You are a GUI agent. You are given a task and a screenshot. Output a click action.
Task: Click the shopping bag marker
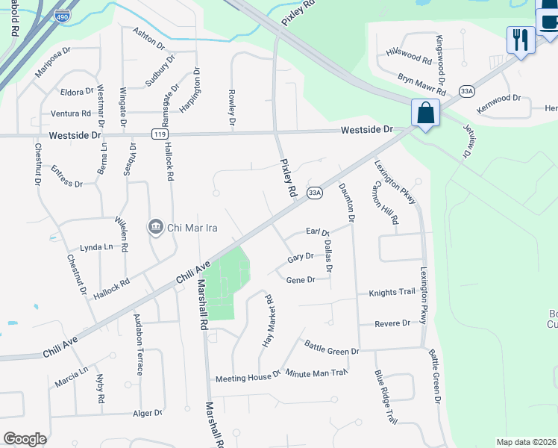point(425,114)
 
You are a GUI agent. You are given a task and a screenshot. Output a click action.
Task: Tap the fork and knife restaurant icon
point(519,40)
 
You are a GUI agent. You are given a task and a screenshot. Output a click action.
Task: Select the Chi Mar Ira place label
point(183,227)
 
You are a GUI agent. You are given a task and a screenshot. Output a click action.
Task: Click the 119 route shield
point(159,134)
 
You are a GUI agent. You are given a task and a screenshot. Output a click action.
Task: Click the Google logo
point(25,439)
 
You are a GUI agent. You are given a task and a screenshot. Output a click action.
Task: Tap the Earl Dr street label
point(318,231)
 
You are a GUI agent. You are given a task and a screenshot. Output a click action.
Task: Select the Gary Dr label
point(300,257)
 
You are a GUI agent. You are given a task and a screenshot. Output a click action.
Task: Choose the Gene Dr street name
point(301,279)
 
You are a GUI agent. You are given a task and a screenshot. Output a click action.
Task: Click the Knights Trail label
point(391,292)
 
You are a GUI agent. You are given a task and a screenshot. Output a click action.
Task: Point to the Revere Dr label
point(392,323)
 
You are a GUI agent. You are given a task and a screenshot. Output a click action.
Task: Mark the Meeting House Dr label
point(248,378)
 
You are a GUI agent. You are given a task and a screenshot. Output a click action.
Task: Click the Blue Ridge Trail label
point(386,397)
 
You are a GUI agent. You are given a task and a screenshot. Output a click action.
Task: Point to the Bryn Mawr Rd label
point(421,84)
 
